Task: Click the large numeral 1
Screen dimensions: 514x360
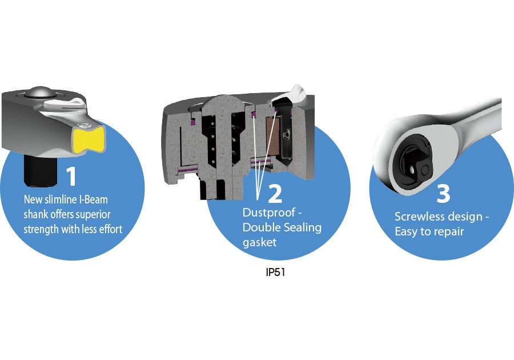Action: [71, 176]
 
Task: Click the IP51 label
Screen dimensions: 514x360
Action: [275, 273]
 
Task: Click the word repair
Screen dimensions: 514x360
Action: [450, 232]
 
